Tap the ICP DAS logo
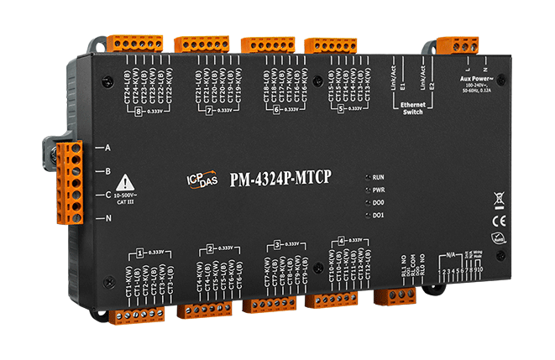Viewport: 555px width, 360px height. click(x=198, y=178)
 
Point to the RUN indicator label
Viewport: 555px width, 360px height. click(x=378, y=178)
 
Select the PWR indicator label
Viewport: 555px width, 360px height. click(x=378, y=190)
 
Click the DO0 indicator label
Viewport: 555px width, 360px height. click(x=378, y=203)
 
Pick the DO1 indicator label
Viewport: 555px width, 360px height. click(x=378, y=216)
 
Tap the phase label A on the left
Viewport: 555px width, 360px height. click(x=107, y=149)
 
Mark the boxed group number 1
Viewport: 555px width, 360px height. click(x=135, y=252)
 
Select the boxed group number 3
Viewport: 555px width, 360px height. click(x=277, y=245)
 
